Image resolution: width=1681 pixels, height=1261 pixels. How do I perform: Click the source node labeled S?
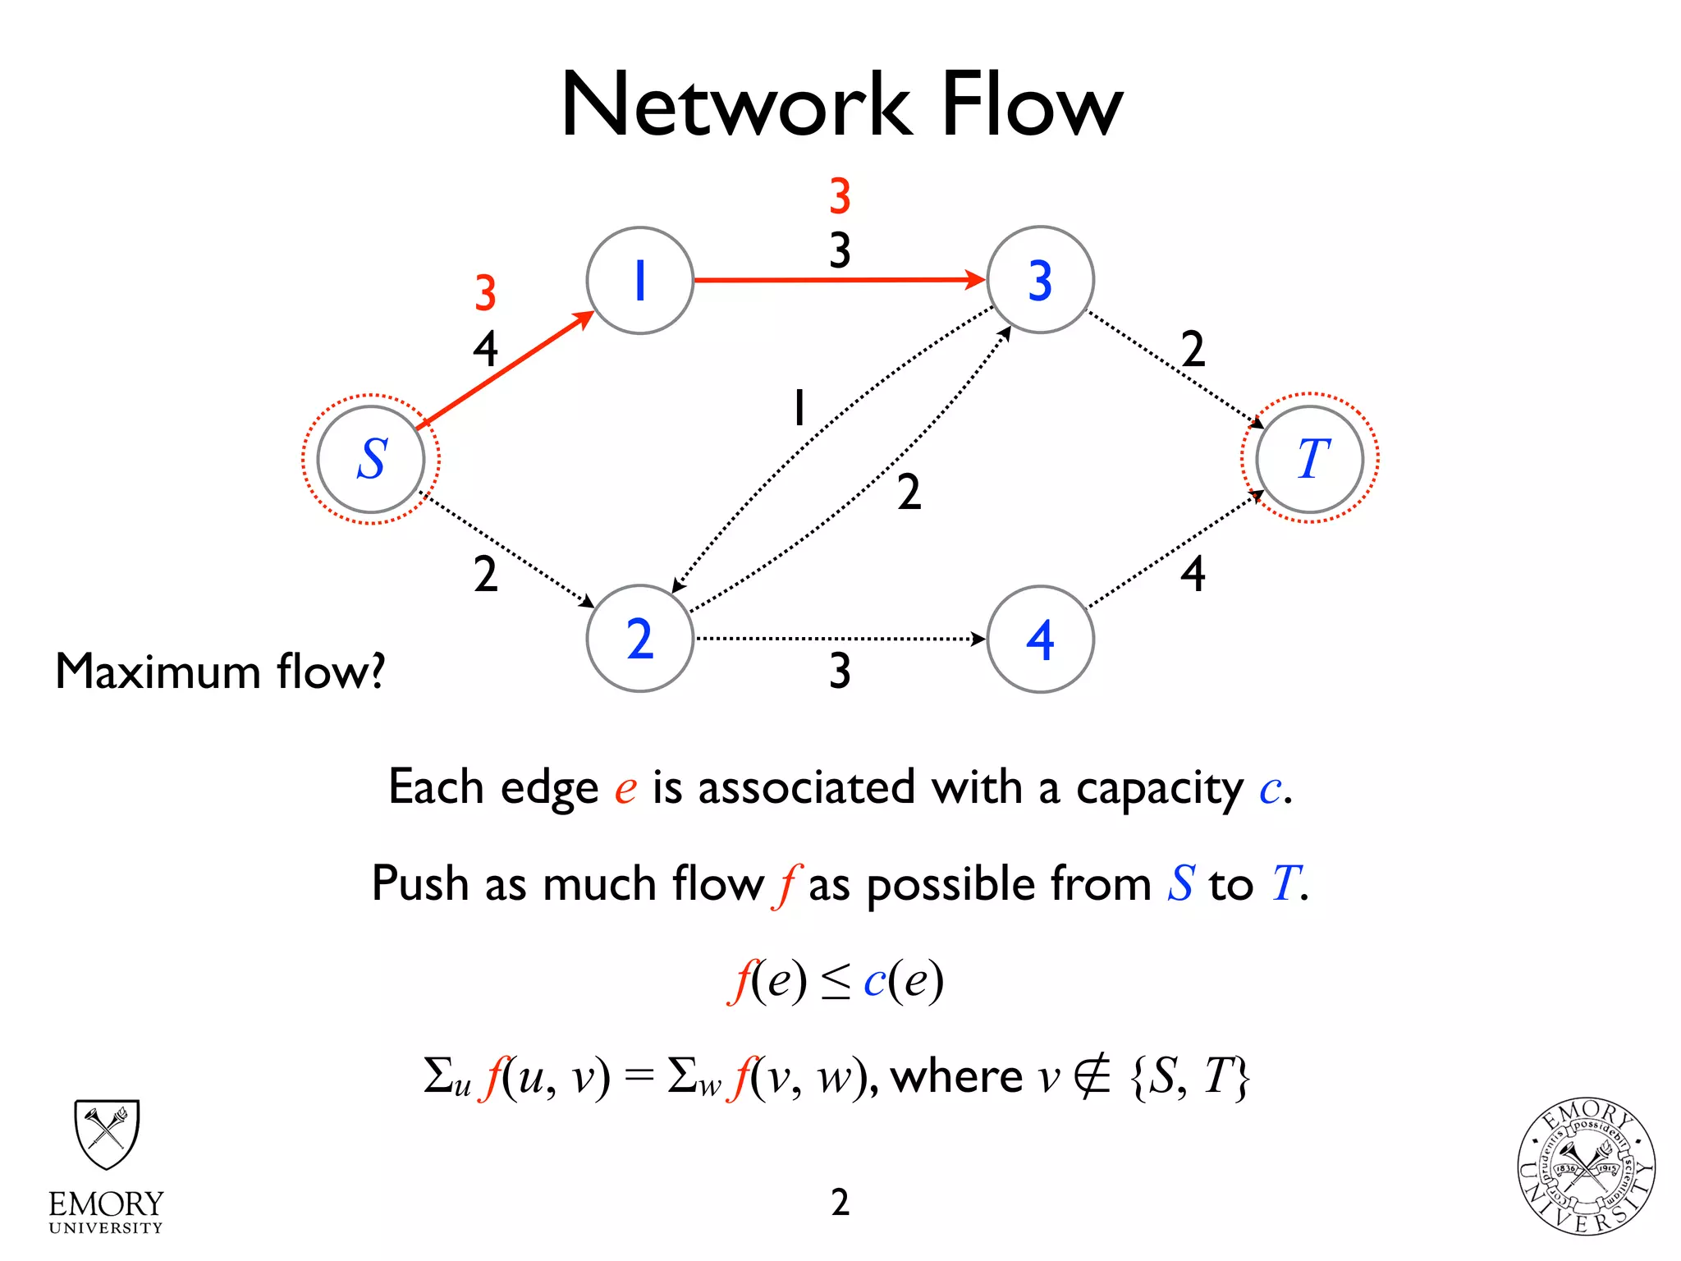pyautogui.click(x=371, y=459)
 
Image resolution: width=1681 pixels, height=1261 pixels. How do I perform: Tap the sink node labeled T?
pyautogui.click(x=1310, y=459)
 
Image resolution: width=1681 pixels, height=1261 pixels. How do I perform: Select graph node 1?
pyautogui.click(x=640, y=281)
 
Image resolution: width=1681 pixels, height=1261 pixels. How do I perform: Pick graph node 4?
pyautogui.click(x=1040, y=639)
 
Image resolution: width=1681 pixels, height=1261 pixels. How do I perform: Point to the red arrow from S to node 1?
pyautogui.click(x=505, y=369)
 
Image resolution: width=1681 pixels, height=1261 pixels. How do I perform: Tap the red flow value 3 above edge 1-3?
pyautogui.click(x=840, y=196)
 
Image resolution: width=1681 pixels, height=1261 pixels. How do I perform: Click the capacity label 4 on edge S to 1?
pyautogui.click(x=485, y=349)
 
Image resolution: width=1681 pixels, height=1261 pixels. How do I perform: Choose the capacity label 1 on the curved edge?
pyautogui.click(x=799, y=408)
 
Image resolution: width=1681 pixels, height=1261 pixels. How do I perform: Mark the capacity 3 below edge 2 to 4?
pyautogui.click(x=840, y=671)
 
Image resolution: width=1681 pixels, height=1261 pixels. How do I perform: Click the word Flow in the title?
pyautogui.click(x=1031, y=105)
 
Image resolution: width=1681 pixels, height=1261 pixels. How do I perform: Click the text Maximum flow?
pyautogui.click(x=220, y=672)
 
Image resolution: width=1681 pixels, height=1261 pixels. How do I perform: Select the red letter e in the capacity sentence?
pyautogui.click(x=625, y=789)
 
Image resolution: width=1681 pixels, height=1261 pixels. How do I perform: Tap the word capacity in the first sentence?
pyautogui.click(x=1160, y=789)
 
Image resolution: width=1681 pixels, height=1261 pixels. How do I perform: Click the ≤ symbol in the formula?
pyautogui.click(x=836, y=982)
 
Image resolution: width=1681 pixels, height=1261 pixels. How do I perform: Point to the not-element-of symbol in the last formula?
pyautogui.click(x=1092, y=1076)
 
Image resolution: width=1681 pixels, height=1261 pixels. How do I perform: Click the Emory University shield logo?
pyautogui.click(x=107, y=1135)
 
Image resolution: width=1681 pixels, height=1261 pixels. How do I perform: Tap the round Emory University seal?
pyautogui.click(x=1586, y=1167)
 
